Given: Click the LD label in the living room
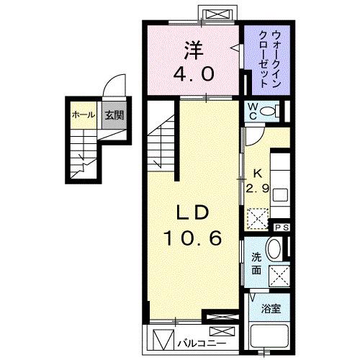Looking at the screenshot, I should point(191,212).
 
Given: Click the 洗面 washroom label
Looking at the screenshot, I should point(256,264).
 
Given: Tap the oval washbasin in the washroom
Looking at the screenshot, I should point(274,251).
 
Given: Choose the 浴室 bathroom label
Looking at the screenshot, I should point(271,308).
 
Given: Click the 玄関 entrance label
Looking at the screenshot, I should point(111,114).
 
